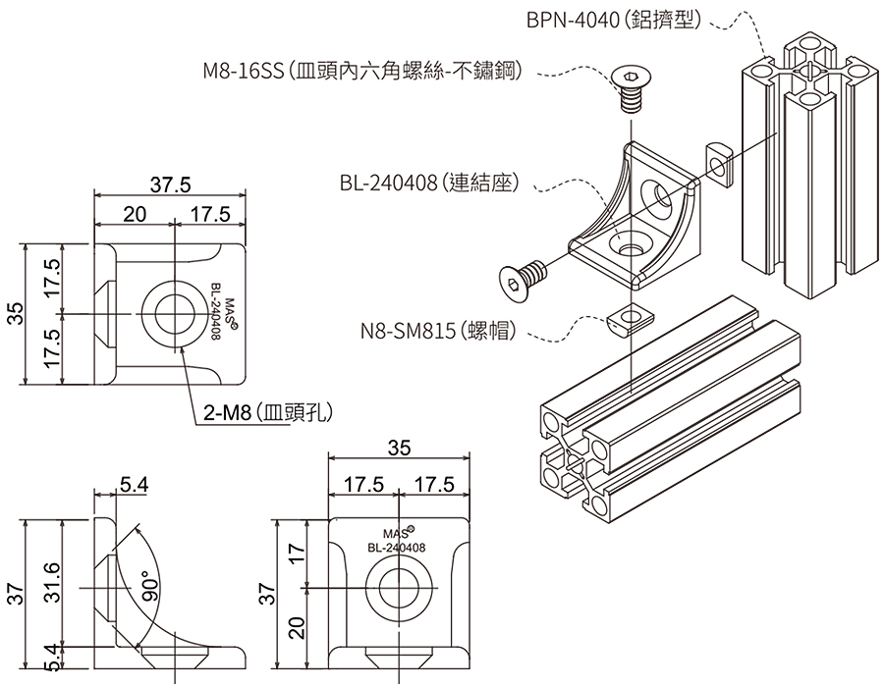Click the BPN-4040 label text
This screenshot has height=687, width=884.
pyautogui.click(x=613, y=19)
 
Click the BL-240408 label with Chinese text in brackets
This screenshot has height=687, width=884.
pyautogui.click(x=428, y=183)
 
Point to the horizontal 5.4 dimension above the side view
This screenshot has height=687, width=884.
pyautogui.click(x=134, y=483)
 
